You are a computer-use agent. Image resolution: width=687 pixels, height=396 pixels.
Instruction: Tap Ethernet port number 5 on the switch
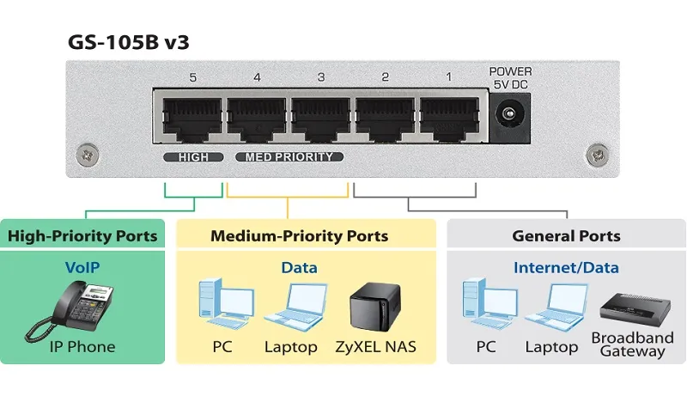pyautogui.click(x=191, y=118)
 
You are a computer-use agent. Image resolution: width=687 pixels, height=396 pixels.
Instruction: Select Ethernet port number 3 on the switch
pyautogui.click(x=321, y=118)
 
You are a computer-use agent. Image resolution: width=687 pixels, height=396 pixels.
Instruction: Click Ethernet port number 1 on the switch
pyautogui.click(x=449, y=118)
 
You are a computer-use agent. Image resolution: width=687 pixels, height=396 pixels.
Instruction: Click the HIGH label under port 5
pyautogui.click(x=193, y=157)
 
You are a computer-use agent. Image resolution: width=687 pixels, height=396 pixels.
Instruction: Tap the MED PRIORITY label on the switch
pyautogui.click(x=289, y=157)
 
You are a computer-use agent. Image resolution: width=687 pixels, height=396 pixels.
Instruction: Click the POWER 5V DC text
pyautogui.click(x=510, y=77)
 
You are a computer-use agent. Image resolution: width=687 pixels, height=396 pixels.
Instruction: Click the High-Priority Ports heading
pyautogui.click(x=82, y=235)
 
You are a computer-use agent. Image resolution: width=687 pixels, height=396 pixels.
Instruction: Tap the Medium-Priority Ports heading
pyautogui.click(x=299, y=235)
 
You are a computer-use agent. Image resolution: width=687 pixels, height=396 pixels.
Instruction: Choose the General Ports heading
pyautogui.click(x=566, y=235)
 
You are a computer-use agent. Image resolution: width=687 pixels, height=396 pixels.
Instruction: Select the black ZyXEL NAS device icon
pyautogui.click(x=376, y=306)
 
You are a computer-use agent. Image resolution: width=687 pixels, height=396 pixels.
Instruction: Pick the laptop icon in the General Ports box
pyautogui.click(x=551, y=308)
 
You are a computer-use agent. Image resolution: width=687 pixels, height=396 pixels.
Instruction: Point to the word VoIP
pyautogui.click(x=82, y=267)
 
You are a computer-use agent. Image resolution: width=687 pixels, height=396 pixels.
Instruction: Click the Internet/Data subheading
pyautogui.click(x=566, y=267)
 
